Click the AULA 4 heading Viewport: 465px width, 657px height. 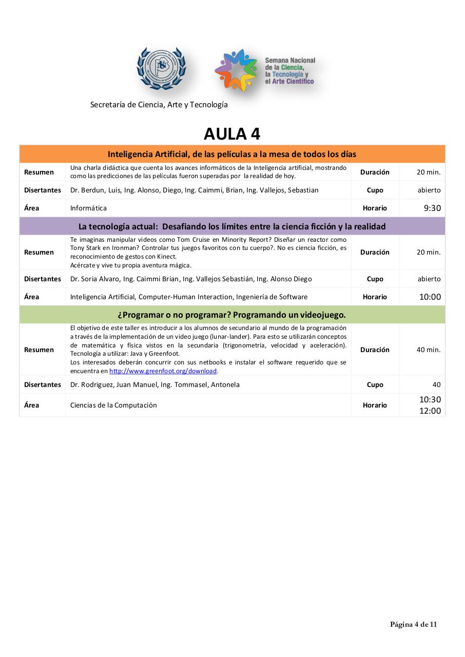point(232,134)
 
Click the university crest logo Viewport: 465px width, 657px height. point(161,69)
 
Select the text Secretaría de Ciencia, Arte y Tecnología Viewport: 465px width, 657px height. point(159,105)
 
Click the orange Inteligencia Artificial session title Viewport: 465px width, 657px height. point(232,154)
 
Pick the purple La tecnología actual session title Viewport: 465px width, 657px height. point(232,226)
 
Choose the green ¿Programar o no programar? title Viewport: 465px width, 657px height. point(232,315)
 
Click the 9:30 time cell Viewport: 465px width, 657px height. point(432,208)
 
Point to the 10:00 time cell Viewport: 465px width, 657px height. point(430,297)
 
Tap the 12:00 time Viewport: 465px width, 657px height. point(430,411)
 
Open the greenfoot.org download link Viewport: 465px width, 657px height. point(163,371)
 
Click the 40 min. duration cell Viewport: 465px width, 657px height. point(429,350)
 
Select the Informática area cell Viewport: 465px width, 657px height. point(89,208)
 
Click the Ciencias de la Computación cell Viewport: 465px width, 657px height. point(113,405)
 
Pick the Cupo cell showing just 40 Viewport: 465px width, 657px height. point(436,384)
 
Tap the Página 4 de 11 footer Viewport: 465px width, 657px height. point(413,625)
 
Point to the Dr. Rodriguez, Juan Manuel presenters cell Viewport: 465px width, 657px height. point(155,384)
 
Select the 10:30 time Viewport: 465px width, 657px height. point(430,399)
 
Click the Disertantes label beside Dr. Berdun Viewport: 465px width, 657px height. point(43,190)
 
